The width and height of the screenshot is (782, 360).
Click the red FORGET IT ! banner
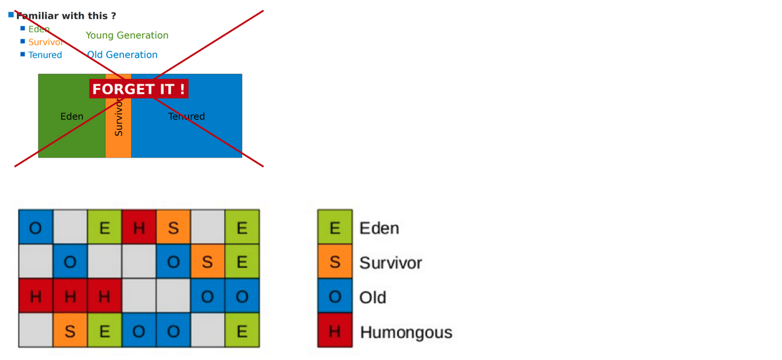tap(139, 89)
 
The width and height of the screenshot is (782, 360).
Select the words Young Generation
tap(127, 36)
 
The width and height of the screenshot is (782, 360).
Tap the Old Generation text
tap(122, 55)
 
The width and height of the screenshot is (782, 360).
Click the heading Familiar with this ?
tap(66, 16)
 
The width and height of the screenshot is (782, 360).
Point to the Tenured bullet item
tap(45, 55)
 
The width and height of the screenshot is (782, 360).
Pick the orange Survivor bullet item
tap(45, 42)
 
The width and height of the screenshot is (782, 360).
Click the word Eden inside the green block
tap(72, 117)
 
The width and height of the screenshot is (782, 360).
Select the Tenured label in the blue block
tap(186, 117)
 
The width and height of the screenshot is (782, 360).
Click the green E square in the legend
tap(335, 227)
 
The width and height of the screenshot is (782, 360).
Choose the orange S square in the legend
tap(335, 262)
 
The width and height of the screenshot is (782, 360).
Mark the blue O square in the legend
tap(335, 297)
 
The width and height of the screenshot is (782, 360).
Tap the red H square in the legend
tap(335, 331)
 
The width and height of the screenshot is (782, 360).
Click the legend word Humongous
tap(406, 333)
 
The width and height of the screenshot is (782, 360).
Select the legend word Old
tap(373, 298)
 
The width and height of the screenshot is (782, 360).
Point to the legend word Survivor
tap(390, 263)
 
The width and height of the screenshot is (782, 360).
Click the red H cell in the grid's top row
tap(139, 227)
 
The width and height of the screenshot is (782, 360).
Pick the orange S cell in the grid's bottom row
tap(70, 331)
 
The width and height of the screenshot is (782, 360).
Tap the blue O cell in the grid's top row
tap(36, 227)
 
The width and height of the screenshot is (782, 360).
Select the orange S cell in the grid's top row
tap(173, 227)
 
